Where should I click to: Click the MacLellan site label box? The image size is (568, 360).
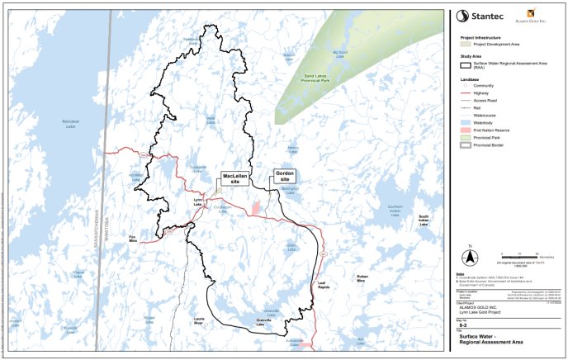point(231,179)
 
